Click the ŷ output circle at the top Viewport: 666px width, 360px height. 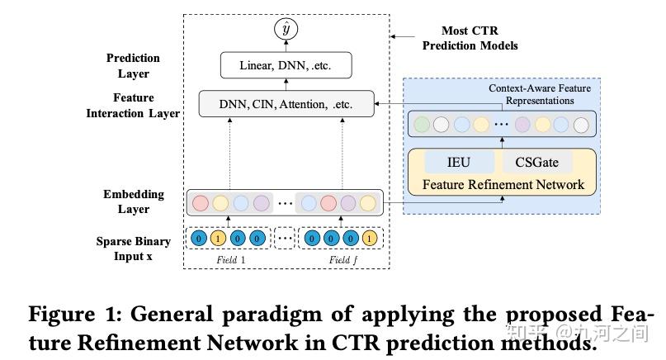tap(285, 30)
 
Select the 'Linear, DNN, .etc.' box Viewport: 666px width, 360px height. tap(285, 64)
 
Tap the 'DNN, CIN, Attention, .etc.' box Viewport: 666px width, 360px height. tap(286, 104)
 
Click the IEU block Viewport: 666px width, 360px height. tap(458, 162)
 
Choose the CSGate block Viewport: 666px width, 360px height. tap(536, 162)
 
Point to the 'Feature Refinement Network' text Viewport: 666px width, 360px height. tap(503, 184)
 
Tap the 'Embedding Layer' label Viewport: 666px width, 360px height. tap(133, 201)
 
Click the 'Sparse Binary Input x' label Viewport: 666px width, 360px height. tap(133, 248)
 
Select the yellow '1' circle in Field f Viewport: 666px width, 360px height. tap(368, 239)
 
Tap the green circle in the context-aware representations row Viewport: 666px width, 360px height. tap(422, 126)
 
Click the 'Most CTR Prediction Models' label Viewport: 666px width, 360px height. tap(470, 39)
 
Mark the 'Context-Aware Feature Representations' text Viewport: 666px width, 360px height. tap(531, 94)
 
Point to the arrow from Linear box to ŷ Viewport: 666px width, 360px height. tap(285, 46)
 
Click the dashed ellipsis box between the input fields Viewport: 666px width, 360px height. tap(285, 239)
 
